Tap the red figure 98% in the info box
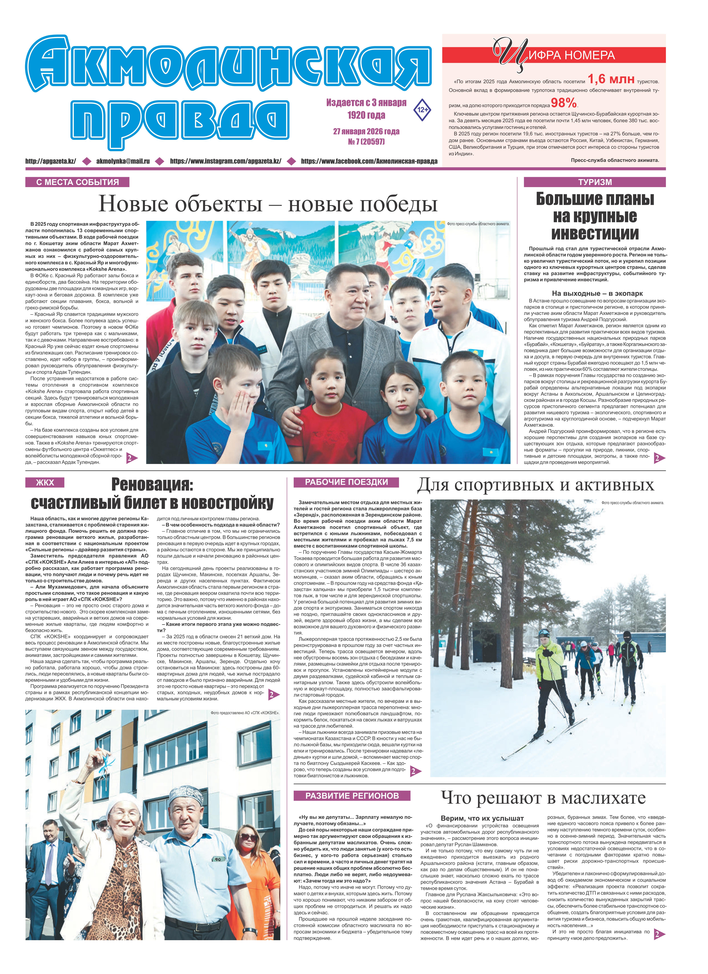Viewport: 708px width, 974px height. coord(564,103)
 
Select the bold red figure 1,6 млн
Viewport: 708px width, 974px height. coord(611,79)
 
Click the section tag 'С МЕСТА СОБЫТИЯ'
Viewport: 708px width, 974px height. coord(77,182)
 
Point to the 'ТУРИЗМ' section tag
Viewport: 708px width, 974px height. coord(595,182)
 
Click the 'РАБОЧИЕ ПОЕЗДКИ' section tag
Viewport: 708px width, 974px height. coord(346,482)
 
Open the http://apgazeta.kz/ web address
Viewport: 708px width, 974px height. coord(51,162)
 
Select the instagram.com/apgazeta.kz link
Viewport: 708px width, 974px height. coord(225,162)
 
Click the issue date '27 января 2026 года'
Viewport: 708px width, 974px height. coord(366,131)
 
